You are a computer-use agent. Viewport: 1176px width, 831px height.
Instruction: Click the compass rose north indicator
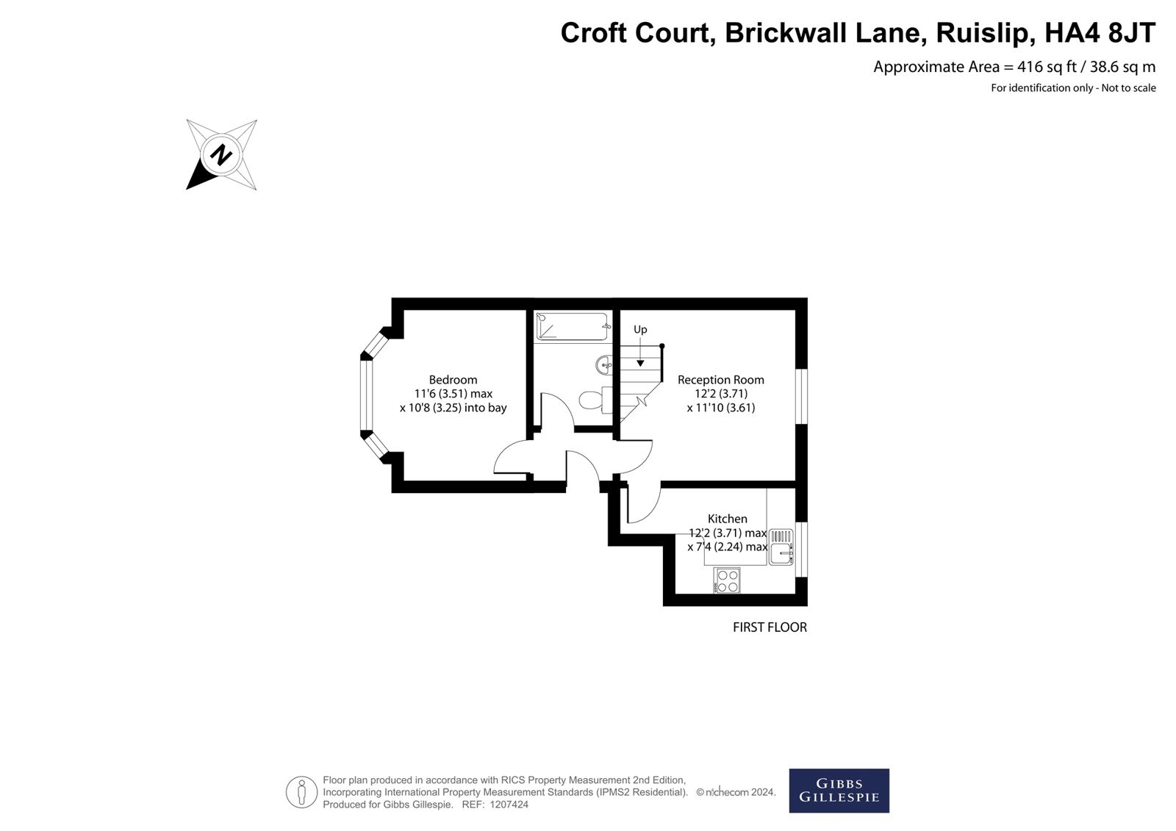coord(220,155)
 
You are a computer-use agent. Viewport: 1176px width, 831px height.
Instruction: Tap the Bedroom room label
coord(453,380)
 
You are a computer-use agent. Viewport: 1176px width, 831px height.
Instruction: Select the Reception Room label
coord(720,380)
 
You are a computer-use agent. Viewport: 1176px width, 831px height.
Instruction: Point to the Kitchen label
coord(727,519)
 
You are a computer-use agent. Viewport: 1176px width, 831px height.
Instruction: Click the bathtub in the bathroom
coord(573,326)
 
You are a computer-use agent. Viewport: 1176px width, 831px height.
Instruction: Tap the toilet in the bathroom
coord(592,400)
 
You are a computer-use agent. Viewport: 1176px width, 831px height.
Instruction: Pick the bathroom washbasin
coord(606,363)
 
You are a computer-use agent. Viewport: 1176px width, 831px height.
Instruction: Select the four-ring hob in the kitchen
coord(727,580)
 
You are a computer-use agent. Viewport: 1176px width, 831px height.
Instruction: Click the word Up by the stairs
coord(640,330)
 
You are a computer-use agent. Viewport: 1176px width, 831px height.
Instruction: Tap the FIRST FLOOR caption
coord(770,627)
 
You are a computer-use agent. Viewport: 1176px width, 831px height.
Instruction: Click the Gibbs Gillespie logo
coord(839,791)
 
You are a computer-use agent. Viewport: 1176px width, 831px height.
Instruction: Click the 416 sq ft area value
coord(1047,67)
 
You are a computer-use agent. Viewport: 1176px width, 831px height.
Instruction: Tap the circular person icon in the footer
coord(301,791)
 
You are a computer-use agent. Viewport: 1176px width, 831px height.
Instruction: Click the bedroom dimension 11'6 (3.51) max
coord(453,394)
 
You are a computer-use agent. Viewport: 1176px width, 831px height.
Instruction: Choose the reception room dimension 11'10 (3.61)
coord(720,408)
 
